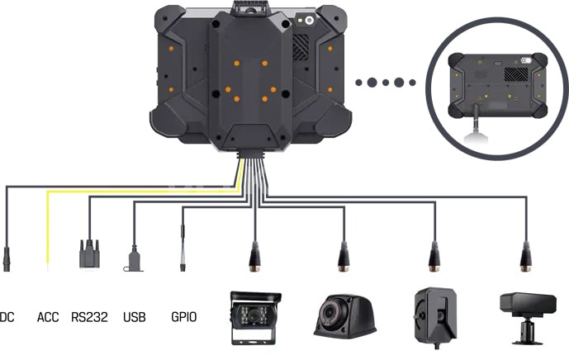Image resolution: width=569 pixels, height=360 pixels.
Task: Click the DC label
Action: pyautogui.click(x=7, y=317)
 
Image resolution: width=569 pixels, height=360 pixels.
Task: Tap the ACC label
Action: pyautogui.click(x=48, y=317)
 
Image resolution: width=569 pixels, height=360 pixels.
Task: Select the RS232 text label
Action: pyautogui.click(x=89, y=317)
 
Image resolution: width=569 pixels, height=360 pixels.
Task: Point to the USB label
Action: pyautogui.click(x=135, y=317)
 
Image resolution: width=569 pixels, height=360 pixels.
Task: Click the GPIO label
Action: pyautogui.click(x=183, y=317)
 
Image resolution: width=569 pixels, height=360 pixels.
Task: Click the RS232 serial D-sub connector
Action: pyautogui.click(x=89, y=253)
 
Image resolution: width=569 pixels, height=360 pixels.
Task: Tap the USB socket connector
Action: pyautogui.click(x=134, y=258)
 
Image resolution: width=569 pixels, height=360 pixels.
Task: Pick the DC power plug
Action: pyautogui.click(x=7, y=259)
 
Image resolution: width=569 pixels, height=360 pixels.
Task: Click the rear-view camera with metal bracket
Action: pyautogui.click(x=255, y=318)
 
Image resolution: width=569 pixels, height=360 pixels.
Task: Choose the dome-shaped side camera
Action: pyautogui.click(x=344, y=315)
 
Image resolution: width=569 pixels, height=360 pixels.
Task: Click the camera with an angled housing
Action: pyautogui.click(x=435, y=317)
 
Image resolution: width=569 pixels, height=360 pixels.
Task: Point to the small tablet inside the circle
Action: pyautogui.click(x=497, y=86)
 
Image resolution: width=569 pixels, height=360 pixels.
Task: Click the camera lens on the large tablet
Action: pyautogui.click(x=309, y=21)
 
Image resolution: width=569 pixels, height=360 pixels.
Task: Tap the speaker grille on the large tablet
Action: pyautogui.click(x=301, y=47)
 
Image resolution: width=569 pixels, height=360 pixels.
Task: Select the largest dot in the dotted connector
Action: pyautogui.click(x=372, y=83)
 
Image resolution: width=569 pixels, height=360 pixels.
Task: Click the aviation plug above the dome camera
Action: pyautogui.click(x=344, y=256)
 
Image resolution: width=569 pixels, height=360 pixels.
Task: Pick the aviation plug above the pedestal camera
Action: pyautogui.click(x=525, y=256)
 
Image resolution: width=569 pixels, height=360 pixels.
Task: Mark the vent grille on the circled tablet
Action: pyautogui.click(x=516, y=74)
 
